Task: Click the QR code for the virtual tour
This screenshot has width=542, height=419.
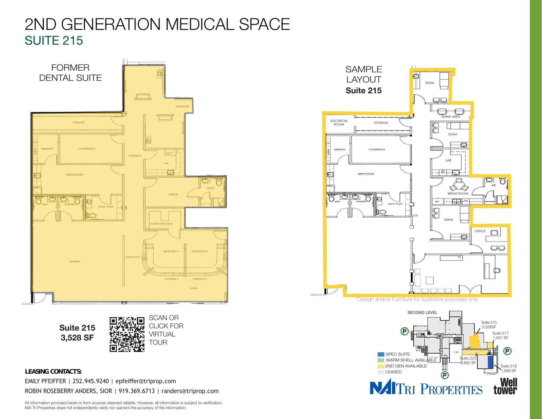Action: (x=127, y=334)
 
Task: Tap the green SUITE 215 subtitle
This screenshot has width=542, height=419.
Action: (x=54, y=40)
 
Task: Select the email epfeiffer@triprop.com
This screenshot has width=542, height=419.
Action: (x=145, y=381)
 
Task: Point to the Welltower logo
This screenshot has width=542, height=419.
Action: (x=505, y=386)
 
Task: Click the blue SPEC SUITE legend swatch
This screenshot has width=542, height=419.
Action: (x=381, y=354)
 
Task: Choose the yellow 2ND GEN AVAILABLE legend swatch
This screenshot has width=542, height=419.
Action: (x=381, y=366)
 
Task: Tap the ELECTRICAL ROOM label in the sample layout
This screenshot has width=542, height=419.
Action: (x=339, y=123)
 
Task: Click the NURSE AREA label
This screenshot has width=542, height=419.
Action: (x=450, y=117)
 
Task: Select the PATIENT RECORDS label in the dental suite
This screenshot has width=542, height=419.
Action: (x=161, y=224)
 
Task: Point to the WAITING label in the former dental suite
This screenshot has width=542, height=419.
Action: (x=75, y=262)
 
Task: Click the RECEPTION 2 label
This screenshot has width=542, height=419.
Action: (x=200, y=251)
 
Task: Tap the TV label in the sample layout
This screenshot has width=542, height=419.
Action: (x=460, y=257)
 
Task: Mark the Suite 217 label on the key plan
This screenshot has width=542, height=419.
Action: (x=500, y=333)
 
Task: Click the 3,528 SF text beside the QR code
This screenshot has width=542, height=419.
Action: (x=77, y=338)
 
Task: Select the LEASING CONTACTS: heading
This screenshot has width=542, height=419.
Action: (x=53, y=372)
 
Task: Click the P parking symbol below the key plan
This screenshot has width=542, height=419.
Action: (x=444, y=375)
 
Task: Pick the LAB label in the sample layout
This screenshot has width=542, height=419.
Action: (x=448, y=160)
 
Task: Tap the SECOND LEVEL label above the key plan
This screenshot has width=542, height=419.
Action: (x=422, y=313)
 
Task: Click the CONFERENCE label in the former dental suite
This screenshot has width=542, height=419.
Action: (x=86, y=149)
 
